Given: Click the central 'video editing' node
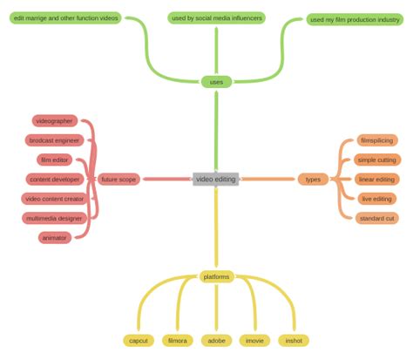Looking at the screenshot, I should pyautogui.click(x=216, y=180).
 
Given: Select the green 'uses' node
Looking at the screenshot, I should pyautogui.click(x=216, y=82).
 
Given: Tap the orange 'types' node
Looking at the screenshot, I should pyautogui.click(x=313, y=180).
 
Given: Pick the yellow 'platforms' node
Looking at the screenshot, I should pyautogui.click(x=216, y=276).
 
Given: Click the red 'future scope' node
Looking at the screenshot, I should pyautogui.click(x=118, y=180).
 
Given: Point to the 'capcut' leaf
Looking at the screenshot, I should pyautogui.click(x=139, y=341).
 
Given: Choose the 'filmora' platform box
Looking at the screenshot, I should pyautogui.click(x=177, y=341).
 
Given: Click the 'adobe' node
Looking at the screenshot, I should pyautogui.click(x=216, y=341).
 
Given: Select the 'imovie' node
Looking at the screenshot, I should pyautogui.click(x=254, y=341).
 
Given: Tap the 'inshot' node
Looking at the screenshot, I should pyautogui.click(x=293, y=341).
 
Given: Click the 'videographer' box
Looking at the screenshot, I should pyautogui.click(x=54, y=121).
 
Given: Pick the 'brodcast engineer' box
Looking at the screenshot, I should pyautogui.click(x=54, y=140).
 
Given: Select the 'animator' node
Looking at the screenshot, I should pyautogui.click(x=54, y=238).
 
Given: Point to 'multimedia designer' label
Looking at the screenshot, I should pyautogui.click(x=54, y=218).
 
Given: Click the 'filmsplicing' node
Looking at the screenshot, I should pyautogui.click(x=377, y=140).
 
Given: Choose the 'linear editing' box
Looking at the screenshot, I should pyautogui.click(x=377, y=180).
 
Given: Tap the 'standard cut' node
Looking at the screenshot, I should pyautogui.click(x=377, y=218).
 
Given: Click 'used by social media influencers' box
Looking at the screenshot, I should pyautogui.click(x=216, y=17).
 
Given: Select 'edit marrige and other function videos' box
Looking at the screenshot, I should pyautogui.click(x=65, y=17).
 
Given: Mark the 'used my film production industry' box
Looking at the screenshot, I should pyautogui.click(x=355, y=19).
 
